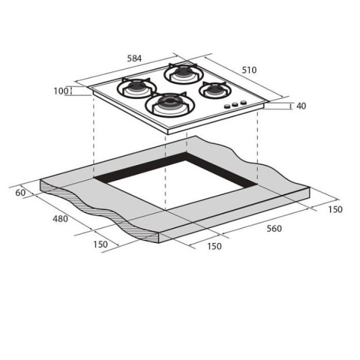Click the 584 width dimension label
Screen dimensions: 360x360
134,59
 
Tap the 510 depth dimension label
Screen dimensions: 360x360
249,70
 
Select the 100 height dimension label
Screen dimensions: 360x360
61,91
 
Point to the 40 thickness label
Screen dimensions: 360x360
301,106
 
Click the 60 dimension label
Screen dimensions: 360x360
20,193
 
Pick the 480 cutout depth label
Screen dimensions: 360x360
61,219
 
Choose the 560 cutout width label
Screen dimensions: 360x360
274,229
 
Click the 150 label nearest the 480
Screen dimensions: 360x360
100,245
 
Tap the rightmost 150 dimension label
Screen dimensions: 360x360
335,209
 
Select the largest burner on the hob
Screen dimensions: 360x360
170,105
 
